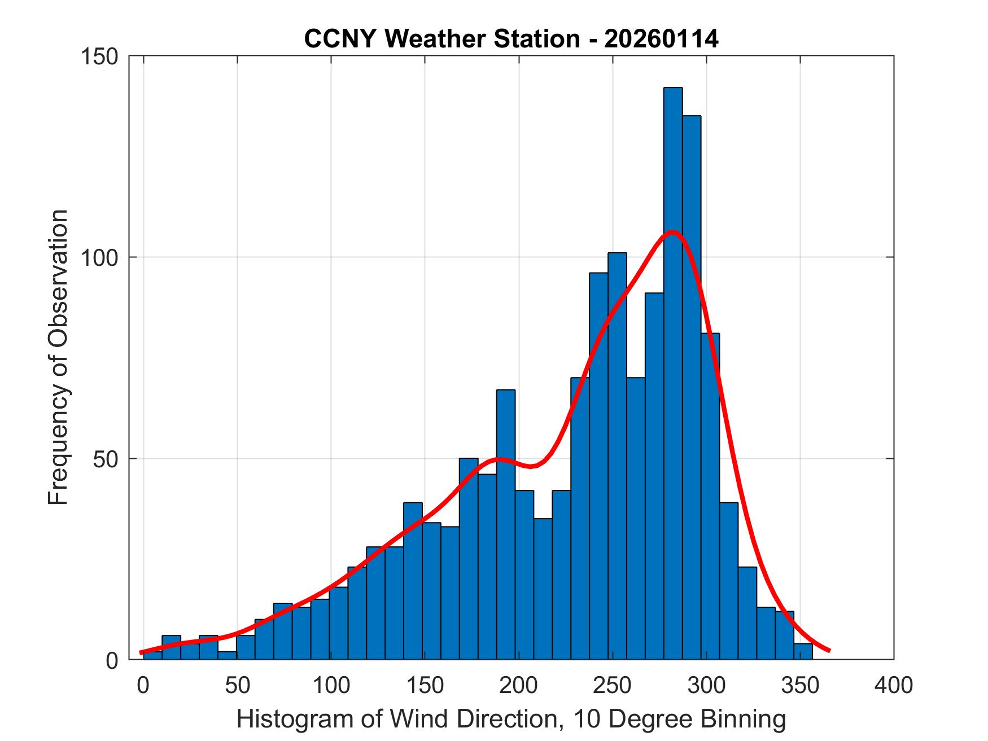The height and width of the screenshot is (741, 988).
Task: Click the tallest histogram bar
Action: [x=672, y=372]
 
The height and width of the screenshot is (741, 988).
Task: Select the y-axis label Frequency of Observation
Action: [x=59, y=357]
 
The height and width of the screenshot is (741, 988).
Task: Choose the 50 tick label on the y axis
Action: [x=105, y=458]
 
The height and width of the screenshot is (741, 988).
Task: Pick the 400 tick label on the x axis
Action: [x=893, y=685]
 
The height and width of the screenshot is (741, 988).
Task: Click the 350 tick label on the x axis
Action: [x=799, y=685]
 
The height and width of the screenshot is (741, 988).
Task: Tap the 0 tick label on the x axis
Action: [x=143, y=685]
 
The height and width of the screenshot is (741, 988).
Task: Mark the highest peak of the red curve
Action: [x=672, y=232]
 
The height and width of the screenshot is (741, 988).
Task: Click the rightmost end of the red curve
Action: [x=828, y=650]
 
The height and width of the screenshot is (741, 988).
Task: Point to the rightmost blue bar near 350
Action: [x=803, y=651]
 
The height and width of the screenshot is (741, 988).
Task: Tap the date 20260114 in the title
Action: [x=661, y=39]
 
